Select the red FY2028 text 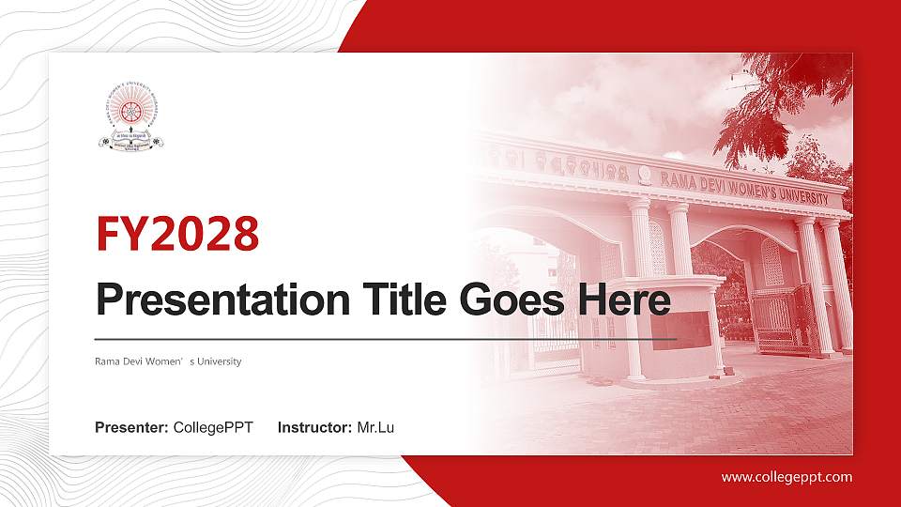coord(177,235)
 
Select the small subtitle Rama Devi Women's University coord(168,361)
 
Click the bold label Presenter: coord(131,428)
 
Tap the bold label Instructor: coord(315,428)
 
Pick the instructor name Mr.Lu coord(375,428)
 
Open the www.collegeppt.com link coord(786,477)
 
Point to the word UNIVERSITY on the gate coord(800,195)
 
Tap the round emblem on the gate coord(645,174)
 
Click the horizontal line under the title coord(385,338)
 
